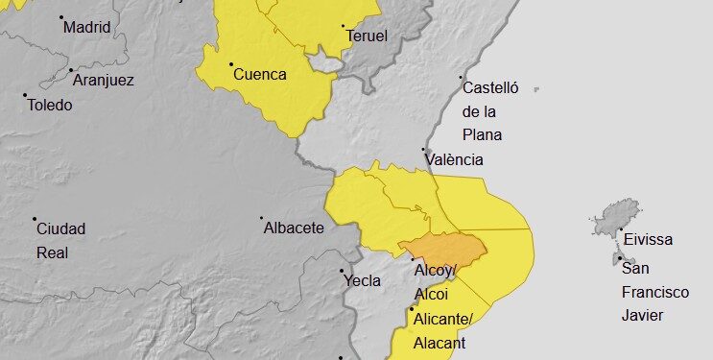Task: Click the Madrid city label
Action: [x=87, y=27]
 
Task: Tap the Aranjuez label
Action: [x=103, y=80]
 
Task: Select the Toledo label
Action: [x=49, y=105]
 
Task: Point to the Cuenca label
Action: [x=260, y=74]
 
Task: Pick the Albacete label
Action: [x=293, y=228]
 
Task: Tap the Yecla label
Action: [x=362, y=281]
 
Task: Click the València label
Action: [x=454, y=160]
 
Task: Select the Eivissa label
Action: [x=648, y=240]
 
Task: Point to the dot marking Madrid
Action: [x=61, y=17]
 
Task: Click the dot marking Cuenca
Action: [x=231, y=64]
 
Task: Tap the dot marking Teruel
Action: [x=343, y=27]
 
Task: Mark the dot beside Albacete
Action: [x=262, y=218]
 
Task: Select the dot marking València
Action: [x=424, y=150]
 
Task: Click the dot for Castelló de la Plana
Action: [x=461, y=78]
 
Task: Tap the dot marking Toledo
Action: [x=25, y=95]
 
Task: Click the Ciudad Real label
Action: [x=60, y=239]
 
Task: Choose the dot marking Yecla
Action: [x=343, y=271]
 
